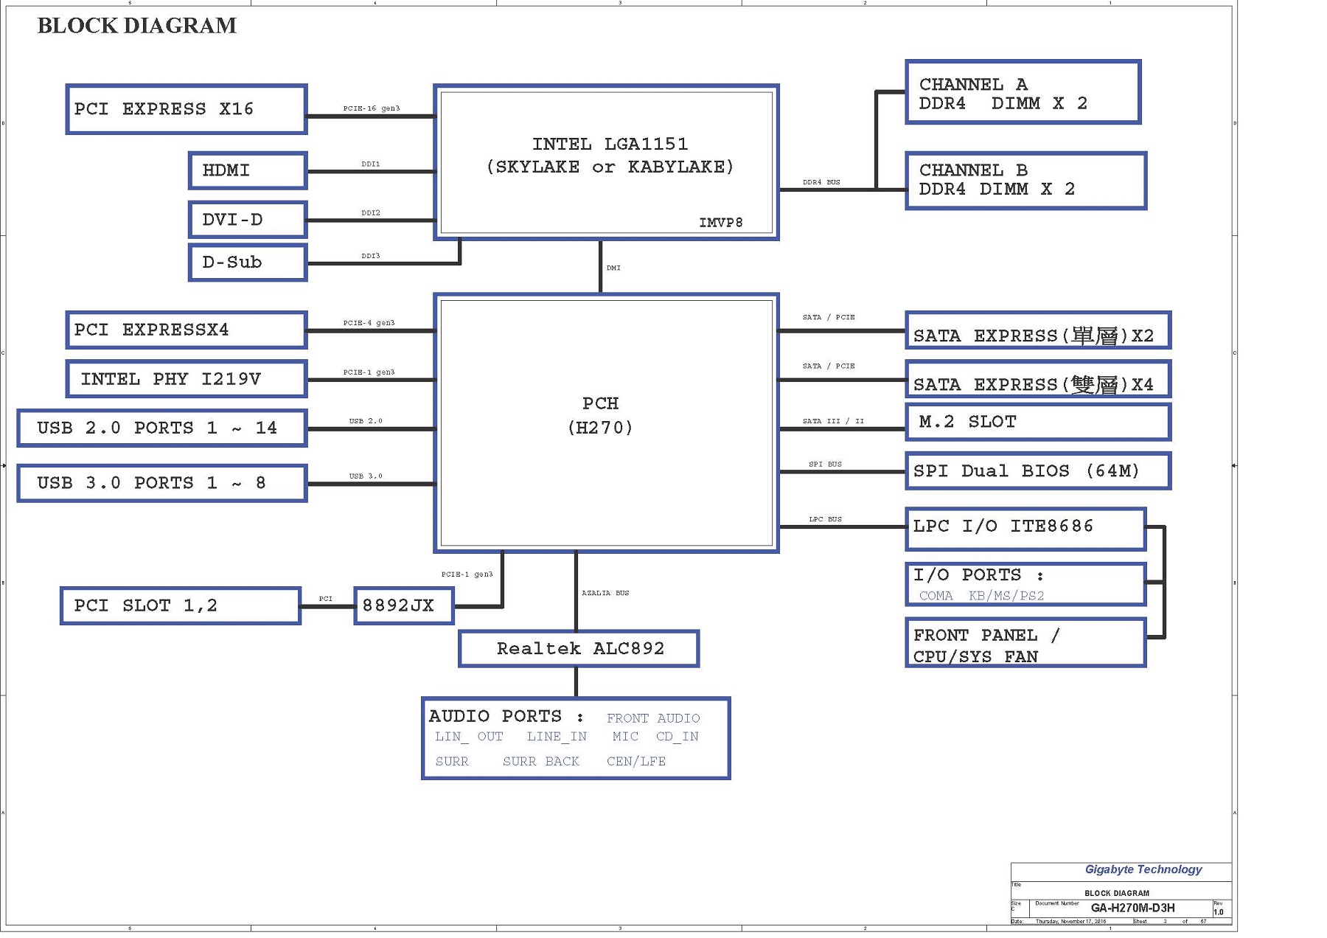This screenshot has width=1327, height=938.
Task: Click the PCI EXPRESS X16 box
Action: (186, 109)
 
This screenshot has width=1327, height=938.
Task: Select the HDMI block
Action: (248, 170)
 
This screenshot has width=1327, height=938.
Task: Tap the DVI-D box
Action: (248, 220)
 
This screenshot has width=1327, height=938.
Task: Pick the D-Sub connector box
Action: (248, 263)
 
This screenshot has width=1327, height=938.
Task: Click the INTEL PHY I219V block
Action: (186, 379)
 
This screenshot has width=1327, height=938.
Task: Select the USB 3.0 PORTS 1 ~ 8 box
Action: (162, 483)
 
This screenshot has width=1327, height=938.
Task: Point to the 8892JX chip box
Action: (403, 605)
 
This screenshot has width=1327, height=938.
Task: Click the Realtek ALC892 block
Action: (579, 649)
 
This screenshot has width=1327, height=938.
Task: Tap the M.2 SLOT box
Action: (1037, 422)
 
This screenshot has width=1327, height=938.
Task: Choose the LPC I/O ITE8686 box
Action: (1025, 527)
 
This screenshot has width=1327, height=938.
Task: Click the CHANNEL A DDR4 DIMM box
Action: (1023, 93)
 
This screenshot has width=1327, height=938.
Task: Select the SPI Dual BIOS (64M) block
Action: (1037, 471)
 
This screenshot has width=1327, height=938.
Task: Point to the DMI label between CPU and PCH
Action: (613, 268)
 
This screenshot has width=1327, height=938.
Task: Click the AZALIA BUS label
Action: (605, 593)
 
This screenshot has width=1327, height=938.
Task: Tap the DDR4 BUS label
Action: (821, 182)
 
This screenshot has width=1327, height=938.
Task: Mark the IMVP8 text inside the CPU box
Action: (720, 223)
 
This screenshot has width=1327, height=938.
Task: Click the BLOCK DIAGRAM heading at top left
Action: (137, 26)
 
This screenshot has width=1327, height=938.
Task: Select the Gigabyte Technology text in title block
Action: (1143, 869)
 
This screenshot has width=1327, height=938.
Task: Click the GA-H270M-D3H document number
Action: (1132, 908)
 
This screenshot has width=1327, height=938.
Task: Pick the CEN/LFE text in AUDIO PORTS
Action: (635, 761)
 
